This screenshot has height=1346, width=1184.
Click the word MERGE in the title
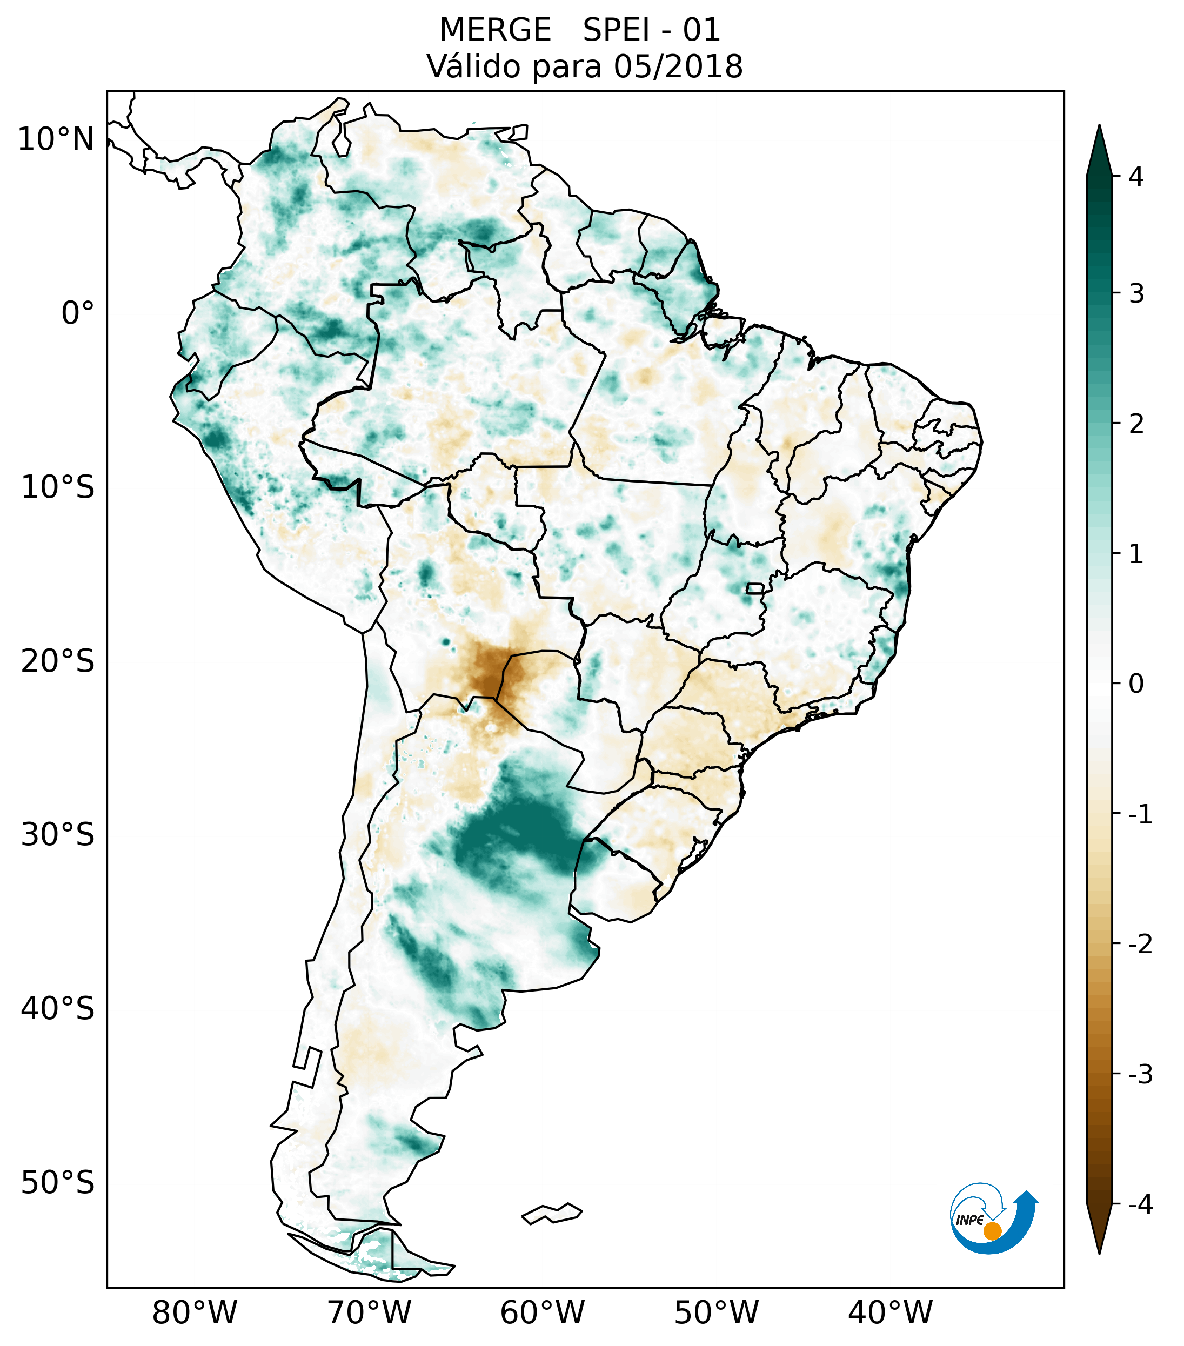[x=494, y=30]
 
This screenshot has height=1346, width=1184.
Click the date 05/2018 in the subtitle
[x=678, y=66]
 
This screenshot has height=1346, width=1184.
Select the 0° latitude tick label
[x=78, y=313]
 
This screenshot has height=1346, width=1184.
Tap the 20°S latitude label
[x=58, y=661]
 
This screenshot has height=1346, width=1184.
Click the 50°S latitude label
[x=58, y=1183]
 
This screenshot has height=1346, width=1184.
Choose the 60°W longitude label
[x=542, y=1312]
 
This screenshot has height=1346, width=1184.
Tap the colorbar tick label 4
[x=1136, y=177]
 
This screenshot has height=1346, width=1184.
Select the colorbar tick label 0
[x=1136, y=684]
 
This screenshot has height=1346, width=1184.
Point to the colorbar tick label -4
[x=1140, y=1204]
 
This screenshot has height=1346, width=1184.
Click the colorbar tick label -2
[x=1140, y=945]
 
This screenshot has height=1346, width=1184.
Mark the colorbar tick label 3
[x=1136, y=294]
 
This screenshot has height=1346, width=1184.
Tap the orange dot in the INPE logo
[x=992, y=1231]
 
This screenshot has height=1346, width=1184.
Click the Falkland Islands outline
[x=552, y=1213]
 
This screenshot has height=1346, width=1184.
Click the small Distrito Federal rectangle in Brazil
[x=754, y=588]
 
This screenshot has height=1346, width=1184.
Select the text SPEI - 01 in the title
[x=651, y=30]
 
